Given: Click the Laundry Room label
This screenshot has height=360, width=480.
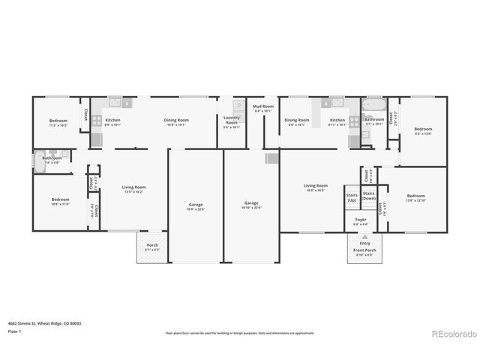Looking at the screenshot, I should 232,123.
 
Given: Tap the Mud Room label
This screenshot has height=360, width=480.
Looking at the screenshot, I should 262,107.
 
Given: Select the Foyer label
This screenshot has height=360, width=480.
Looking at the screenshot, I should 361,220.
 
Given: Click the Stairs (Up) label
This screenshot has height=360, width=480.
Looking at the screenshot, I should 352,197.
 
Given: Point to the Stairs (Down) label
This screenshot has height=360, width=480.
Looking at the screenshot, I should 368,196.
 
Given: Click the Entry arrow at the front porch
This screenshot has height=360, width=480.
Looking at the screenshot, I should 364,236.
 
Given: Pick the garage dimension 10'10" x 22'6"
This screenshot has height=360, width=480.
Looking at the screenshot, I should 251,207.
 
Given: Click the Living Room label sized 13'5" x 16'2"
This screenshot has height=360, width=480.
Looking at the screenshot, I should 134,189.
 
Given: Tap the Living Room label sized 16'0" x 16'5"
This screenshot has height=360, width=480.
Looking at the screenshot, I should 316,187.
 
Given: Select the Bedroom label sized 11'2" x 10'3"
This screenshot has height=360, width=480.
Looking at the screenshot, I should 58,123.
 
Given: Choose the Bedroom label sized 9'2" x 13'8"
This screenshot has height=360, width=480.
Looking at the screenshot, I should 423,131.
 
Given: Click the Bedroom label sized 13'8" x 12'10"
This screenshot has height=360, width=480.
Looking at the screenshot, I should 415,199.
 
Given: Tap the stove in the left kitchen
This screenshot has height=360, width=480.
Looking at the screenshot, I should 96,139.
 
